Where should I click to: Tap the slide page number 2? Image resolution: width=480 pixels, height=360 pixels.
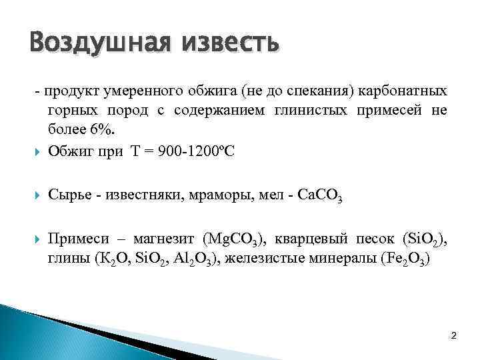pyautogui.click(x=453, y=335)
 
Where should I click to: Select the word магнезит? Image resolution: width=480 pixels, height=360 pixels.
pyautogui.click(x=155, y=239)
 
